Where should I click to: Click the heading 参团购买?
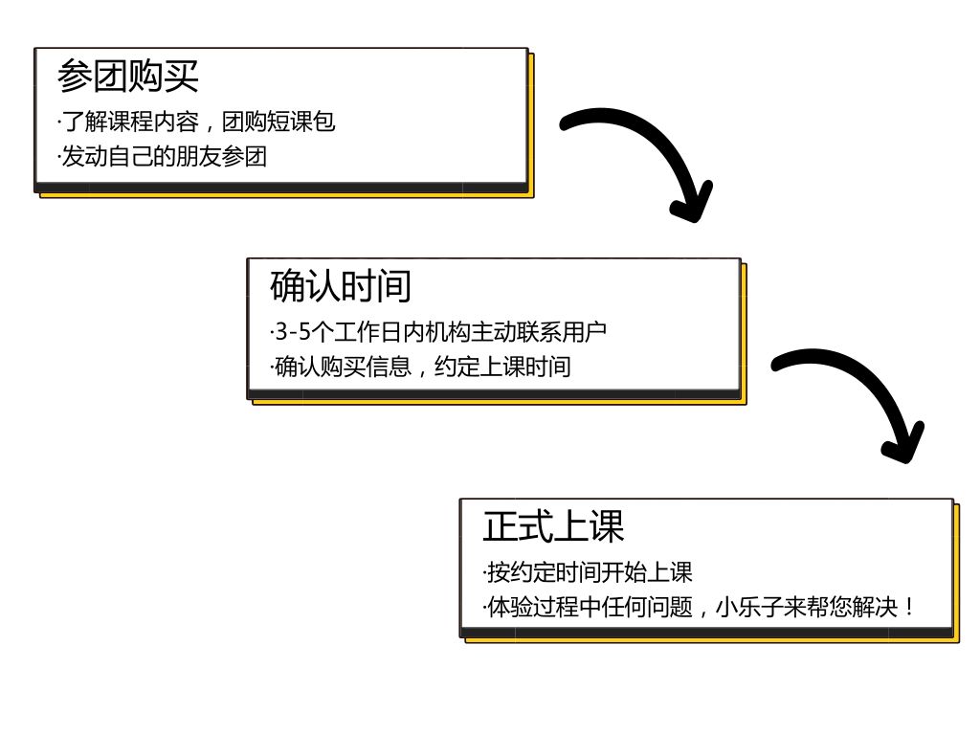pos(127,76)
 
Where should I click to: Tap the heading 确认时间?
pos(341,285)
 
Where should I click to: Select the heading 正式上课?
pos(553,526)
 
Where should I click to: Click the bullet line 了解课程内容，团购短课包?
pos(197,122)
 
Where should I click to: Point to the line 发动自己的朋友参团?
pos(163,157)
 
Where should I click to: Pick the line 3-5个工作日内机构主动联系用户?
pos(439,332)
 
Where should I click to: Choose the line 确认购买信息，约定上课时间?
pos(421,367)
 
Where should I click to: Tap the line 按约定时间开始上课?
pos(588,572)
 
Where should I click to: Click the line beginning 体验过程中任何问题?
pos(700,607)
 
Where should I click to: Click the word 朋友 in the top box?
pos(199,157)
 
